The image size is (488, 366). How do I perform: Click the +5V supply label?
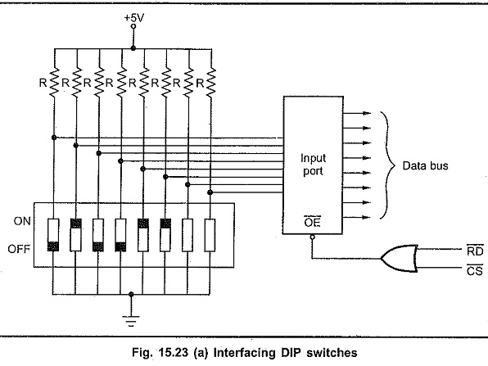pos(134,18)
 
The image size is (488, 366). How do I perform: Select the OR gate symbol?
pos(399,258)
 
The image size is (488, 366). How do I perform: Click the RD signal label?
pos(475,251)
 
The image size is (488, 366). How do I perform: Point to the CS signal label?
pos(475,270)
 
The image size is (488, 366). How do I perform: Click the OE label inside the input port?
pos(313,222)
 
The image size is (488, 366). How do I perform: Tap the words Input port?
pos(313,165)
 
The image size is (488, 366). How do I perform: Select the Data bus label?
pos(426,165)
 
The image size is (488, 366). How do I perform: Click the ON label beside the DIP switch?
pos(22,221)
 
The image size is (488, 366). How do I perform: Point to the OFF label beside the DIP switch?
pos(19,249)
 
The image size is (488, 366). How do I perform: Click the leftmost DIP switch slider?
pos(53,235)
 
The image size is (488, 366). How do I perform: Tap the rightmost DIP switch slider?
pos(210,235)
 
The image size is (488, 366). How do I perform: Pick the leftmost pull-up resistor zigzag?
pos(54,83)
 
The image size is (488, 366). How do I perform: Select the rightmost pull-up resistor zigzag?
pos(211,83)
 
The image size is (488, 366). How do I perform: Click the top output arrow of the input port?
pos(357,113)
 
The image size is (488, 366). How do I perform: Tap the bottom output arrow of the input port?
pos(357,217)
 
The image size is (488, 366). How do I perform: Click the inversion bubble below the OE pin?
pos(313,237)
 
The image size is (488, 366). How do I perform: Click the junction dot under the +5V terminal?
pos(133,48)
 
